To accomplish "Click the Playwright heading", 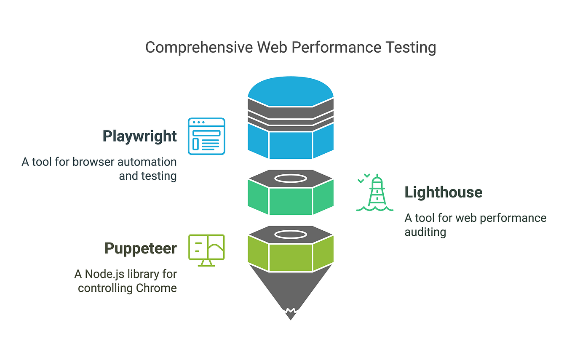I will click(139, 136).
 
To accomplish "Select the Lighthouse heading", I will click(443, 192).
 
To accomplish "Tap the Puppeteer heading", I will click(140, 248).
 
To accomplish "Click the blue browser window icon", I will click(206, 136).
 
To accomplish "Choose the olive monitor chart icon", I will click(206, 250).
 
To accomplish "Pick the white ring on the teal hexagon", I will click(291, 179).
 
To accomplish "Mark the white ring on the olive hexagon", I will click(291, 234).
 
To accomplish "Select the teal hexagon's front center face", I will click(291, 201).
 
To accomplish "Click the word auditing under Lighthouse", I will click(425, 232).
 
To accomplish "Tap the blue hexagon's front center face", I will click(291, 145).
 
